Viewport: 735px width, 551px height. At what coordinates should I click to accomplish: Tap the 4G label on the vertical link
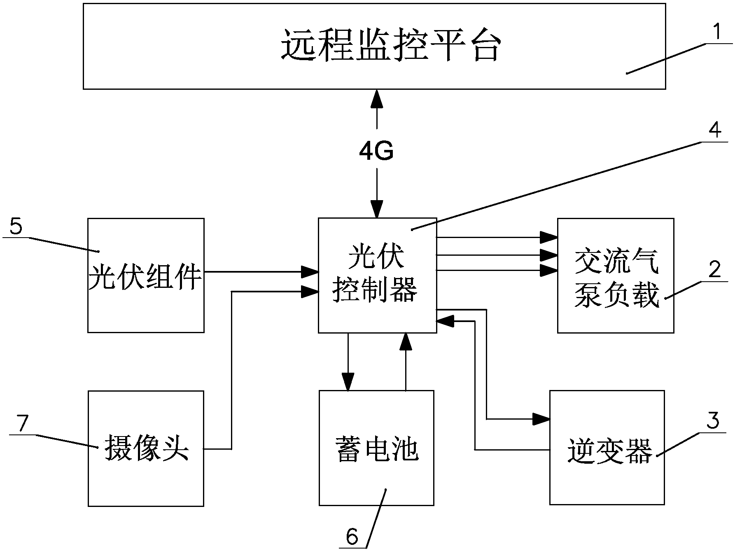(376, 151)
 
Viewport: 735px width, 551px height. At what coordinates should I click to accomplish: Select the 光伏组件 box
(146, 275)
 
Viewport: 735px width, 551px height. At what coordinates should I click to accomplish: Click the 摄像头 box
(146, 448)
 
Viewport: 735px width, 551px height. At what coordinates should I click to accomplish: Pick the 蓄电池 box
(376, 448)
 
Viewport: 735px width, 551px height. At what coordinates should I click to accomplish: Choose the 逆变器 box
(607, 448)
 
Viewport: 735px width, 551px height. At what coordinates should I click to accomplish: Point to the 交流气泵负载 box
(616, 275)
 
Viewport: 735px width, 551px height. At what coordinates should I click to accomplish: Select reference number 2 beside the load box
(715, 270)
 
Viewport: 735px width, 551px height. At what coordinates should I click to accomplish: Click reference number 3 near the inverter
(713, 420)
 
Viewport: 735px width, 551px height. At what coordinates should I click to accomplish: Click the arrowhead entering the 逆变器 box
(542, 419)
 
